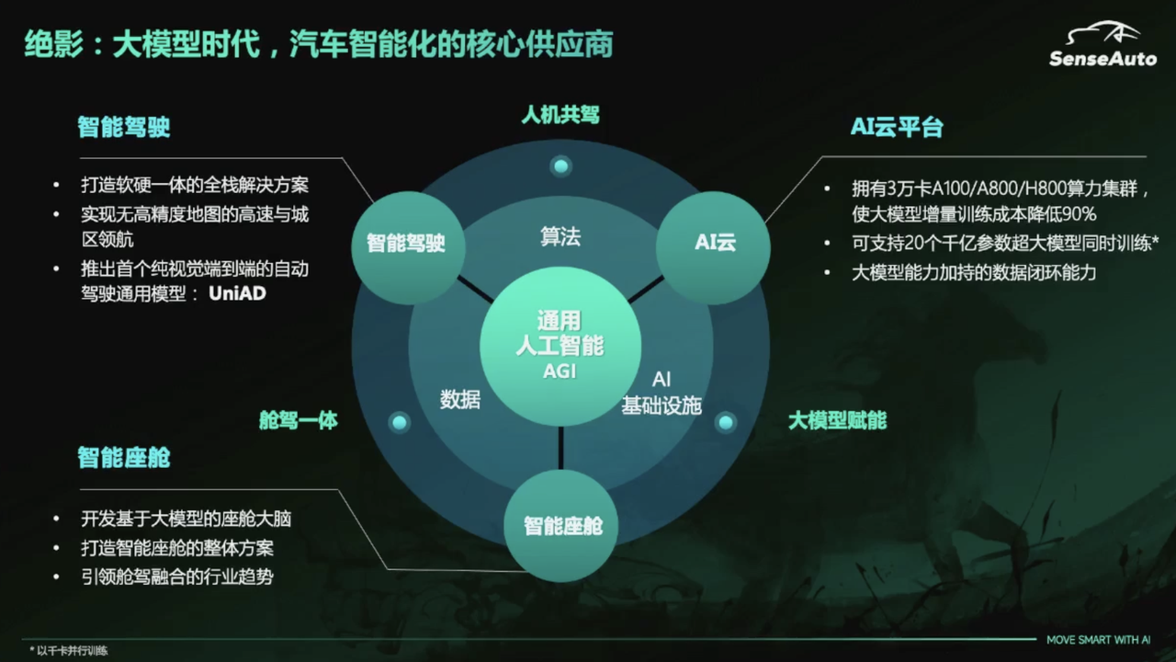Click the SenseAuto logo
pyautogui.click(x=1102, y=45)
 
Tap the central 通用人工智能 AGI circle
pyautogui.click(x=560, y=346)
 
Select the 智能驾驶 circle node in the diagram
pyautogui.click(x=406, y=243)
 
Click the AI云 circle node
pyautogui.click(x=715, y=243)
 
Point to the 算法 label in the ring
pyautogui.click(x=560, y=236)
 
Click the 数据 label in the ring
pyautogui.click(x=459, y=399)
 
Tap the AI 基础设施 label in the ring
pyautogui.click(x=661, y=393)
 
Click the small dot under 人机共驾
pyautogui.click(x=560, y=166)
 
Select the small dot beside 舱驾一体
pyautogui.click(x=399, y=422)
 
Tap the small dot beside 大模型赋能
pyautogui.click(x=726, y=422)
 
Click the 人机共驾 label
pyautogui.click(x=560, y=115)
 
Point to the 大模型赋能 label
pyautogui.click(x=837, y=421)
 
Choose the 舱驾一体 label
pyautogui.click(x=299, y=421)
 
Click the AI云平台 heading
pyautogui.click(x=897, y=127)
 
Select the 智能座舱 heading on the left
pyautogui.click(x=124, y=457)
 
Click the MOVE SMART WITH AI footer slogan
pyautogui.click(x=1099, y=640)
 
